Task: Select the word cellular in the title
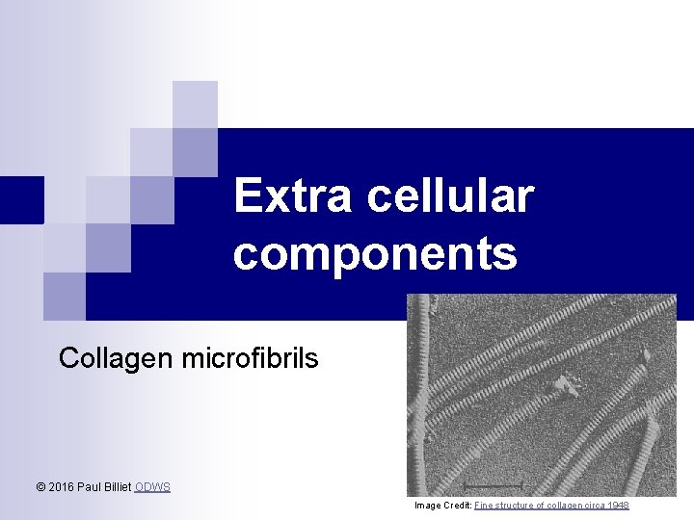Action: [x=449, y=196]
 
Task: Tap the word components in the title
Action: [x=375, y=254]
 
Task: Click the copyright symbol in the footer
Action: [x=40, y=487]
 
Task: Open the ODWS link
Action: [x=152, y=487]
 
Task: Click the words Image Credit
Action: [x=442, y=506]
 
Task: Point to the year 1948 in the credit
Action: [x=619, y=506]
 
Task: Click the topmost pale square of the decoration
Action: [x=195, y=104]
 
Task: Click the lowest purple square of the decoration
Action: [x=65, y=296]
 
